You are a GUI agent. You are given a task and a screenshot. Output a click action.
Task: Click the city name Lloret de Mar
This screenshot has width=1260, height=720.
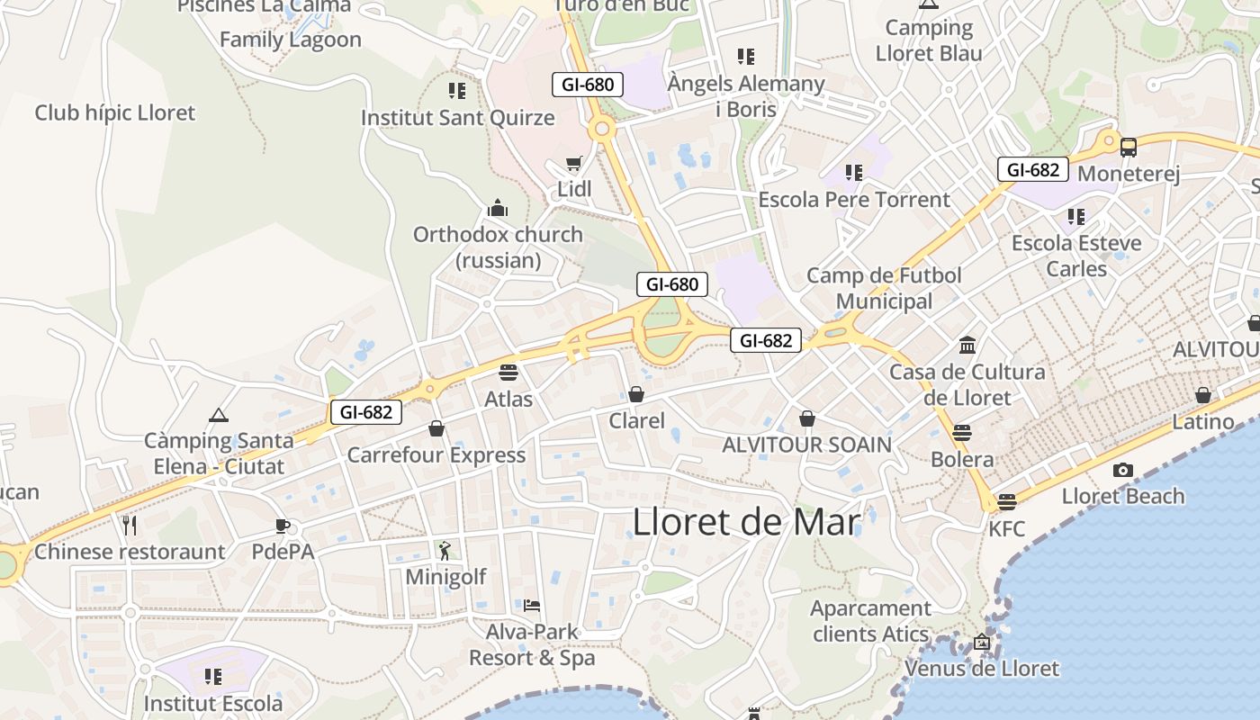(x=746, y=523)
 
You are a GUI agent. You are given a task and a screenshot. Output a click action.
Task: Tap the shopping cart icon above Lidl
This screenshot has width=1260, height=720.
(x=574, y=164)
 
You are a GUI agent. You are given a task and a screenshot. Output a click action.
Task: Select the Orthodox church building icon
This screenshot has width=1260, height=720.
(x=498, y=209)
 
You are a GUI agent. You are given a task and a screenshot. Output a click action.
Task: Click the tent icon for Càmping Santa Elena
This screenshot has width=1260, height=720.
(x=218, y=415)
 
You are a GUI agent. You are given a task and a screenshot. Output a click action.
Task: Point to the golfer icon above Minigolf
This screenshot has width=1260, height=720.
(x=445, y=550)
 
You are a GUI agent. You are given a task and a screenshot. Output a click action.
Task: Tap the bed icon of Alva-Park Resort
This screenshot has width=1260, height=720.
(x=532, y=606)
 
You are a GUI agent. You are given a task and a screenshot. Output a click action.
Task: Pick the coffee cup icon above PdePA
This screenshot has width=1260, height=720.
(x=283, y=526)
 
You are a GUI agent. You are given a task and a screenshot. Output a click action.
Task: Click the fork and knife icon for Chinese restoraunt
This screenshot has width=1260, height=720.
(x=130, y=525)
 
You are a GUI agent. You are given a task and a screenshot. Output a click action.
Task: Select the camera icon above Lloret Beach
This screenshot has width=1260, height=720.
(x=1122, y=470)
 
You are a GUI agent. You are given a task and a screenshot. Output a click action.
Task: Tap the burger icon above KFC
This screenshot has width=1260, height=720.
(x=1006, y=502)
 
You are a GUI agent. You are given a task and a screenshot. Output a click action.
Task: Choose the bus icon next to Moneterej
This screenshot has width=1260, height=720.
(x=1128, y=148)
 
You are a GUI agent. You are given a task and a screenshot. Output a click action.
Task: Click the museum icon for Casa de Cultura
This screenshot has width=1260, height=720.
(x=967, y=346)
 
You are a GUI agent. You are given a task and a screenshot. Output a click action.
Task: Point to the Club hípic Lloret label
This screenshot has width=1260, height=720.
(x=114, y=113)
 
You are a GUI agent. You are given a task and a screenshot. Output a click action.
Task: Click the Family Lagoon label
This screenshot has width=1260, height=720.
(x=291, y=40)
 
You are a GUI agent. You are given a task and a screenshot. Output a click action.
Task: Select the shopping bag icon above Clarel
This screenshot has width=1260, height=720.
(x=636, y=394)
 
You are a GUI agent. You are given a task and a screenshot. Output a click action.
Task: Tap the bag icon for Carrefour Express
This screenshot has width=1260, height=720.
(x=436, y=428)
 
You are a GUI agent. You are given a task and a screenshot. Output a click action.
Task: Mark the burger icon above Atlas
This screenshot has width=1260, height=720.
(x=508, y=373)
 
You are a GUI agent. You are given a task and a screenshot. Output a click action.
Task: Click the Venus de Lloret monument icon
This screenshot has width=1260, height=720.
(x=981, y=643)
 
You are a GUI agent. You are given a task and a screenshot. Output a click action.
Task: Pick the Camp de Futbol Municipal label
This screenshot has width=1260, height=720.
(x=885, y=288)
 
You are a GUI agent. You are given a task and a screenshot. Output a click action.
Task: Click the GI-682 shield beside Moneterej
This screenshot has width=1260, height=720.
(x=1032, y=169)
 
